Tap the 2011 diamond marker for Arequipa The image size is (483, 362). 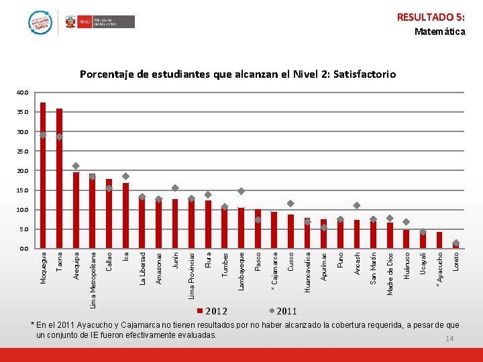pos(76,166)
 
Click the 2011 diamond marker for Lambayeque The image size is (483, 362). pos(241,191)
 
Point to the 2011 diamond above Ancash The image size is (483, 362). pos(357,205)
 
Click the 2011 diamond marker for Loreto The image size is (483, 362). pos(456,243)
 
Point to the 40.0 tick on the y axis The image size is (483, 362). pos(23,93)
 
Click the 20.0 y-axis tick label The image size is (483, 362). pos(23,171)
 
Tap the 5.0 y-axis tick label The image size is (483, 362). pos(24,229)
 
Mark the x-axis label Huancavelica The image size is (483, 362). pos(307,271)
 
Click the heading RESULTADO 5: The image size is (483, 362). pos(431,17)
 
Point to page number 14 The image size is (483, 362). pos(449,339)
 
